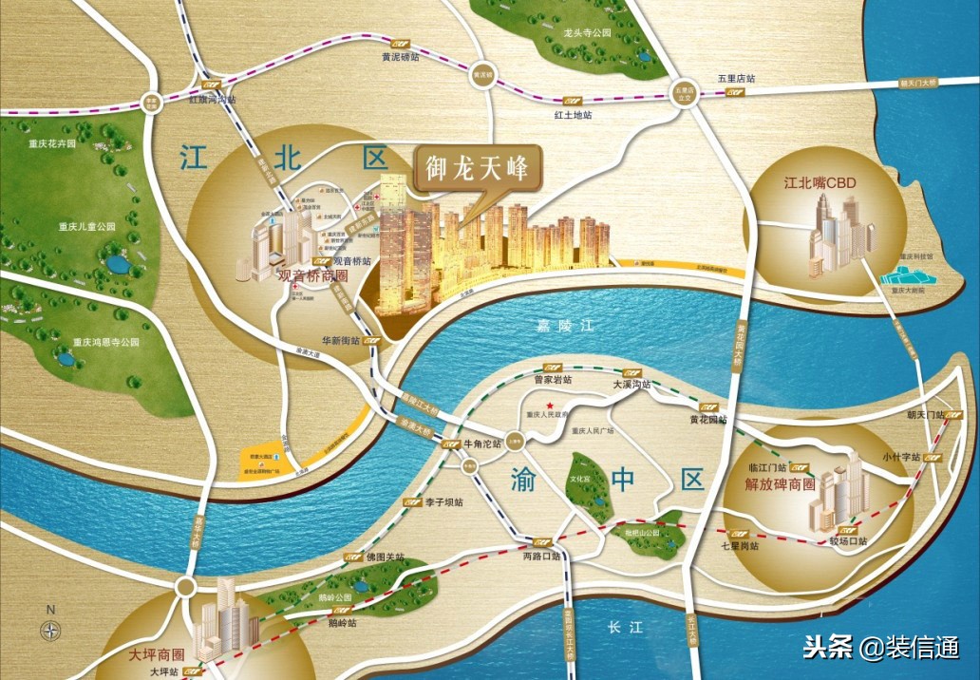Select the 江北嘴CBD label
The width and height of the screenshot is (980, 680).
click(x=820, y=181)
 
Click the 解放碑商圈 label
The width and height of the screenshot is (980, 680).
click(x=782, y=483)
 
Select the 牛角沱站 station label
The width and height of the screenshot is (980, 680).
click(x=481, y=444)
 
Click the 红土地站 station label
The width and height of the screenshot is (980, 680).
click(x=573, y=115)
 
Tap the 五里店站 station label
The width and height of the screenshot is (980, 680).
click(x=735, y=79)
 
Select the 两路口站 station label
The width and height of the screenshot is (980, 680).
click(x=542, y=556)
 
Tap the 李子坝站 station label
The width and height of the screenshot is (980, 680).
click(x=444, y=501)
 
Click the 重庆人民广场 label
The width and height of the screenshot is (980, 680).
click(x=593, y=430)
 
